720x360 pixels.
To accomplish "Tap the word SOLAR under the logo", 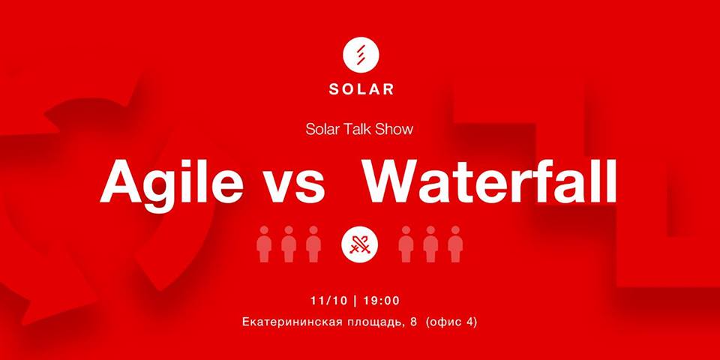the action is [361, 89].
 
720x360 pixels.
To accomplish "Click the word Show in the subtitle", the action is [394, 130].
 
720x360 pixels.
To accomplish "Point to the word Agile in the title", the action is [172, 182].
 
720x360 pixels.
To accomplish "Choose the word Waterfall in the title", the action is [490, 181].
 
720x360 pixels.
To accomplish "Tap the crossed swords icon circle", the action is [359, 243].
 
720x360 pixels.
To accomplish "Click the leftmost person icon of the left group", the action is [264, 244].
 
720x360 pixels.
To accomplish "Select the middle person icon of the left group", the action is [288, 244].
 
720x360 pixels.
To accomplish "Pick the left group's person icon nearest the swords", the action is [313, 244].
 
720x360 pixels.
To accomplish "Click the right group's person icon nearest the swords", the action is [406, 244].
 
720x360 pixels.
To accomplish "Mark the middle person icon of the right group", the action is [430, 244].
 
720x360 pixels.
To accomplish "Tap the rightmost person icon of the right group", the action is [455, 244].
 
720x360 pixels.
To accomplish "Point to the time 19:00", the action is [381, 301].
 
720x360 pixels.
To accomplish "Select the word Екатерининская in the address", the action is [290, 322].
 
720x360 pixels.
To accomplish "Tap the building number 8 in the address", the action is [414, 322].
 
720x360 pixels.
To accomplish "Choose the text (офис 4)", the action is [451, 322].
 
